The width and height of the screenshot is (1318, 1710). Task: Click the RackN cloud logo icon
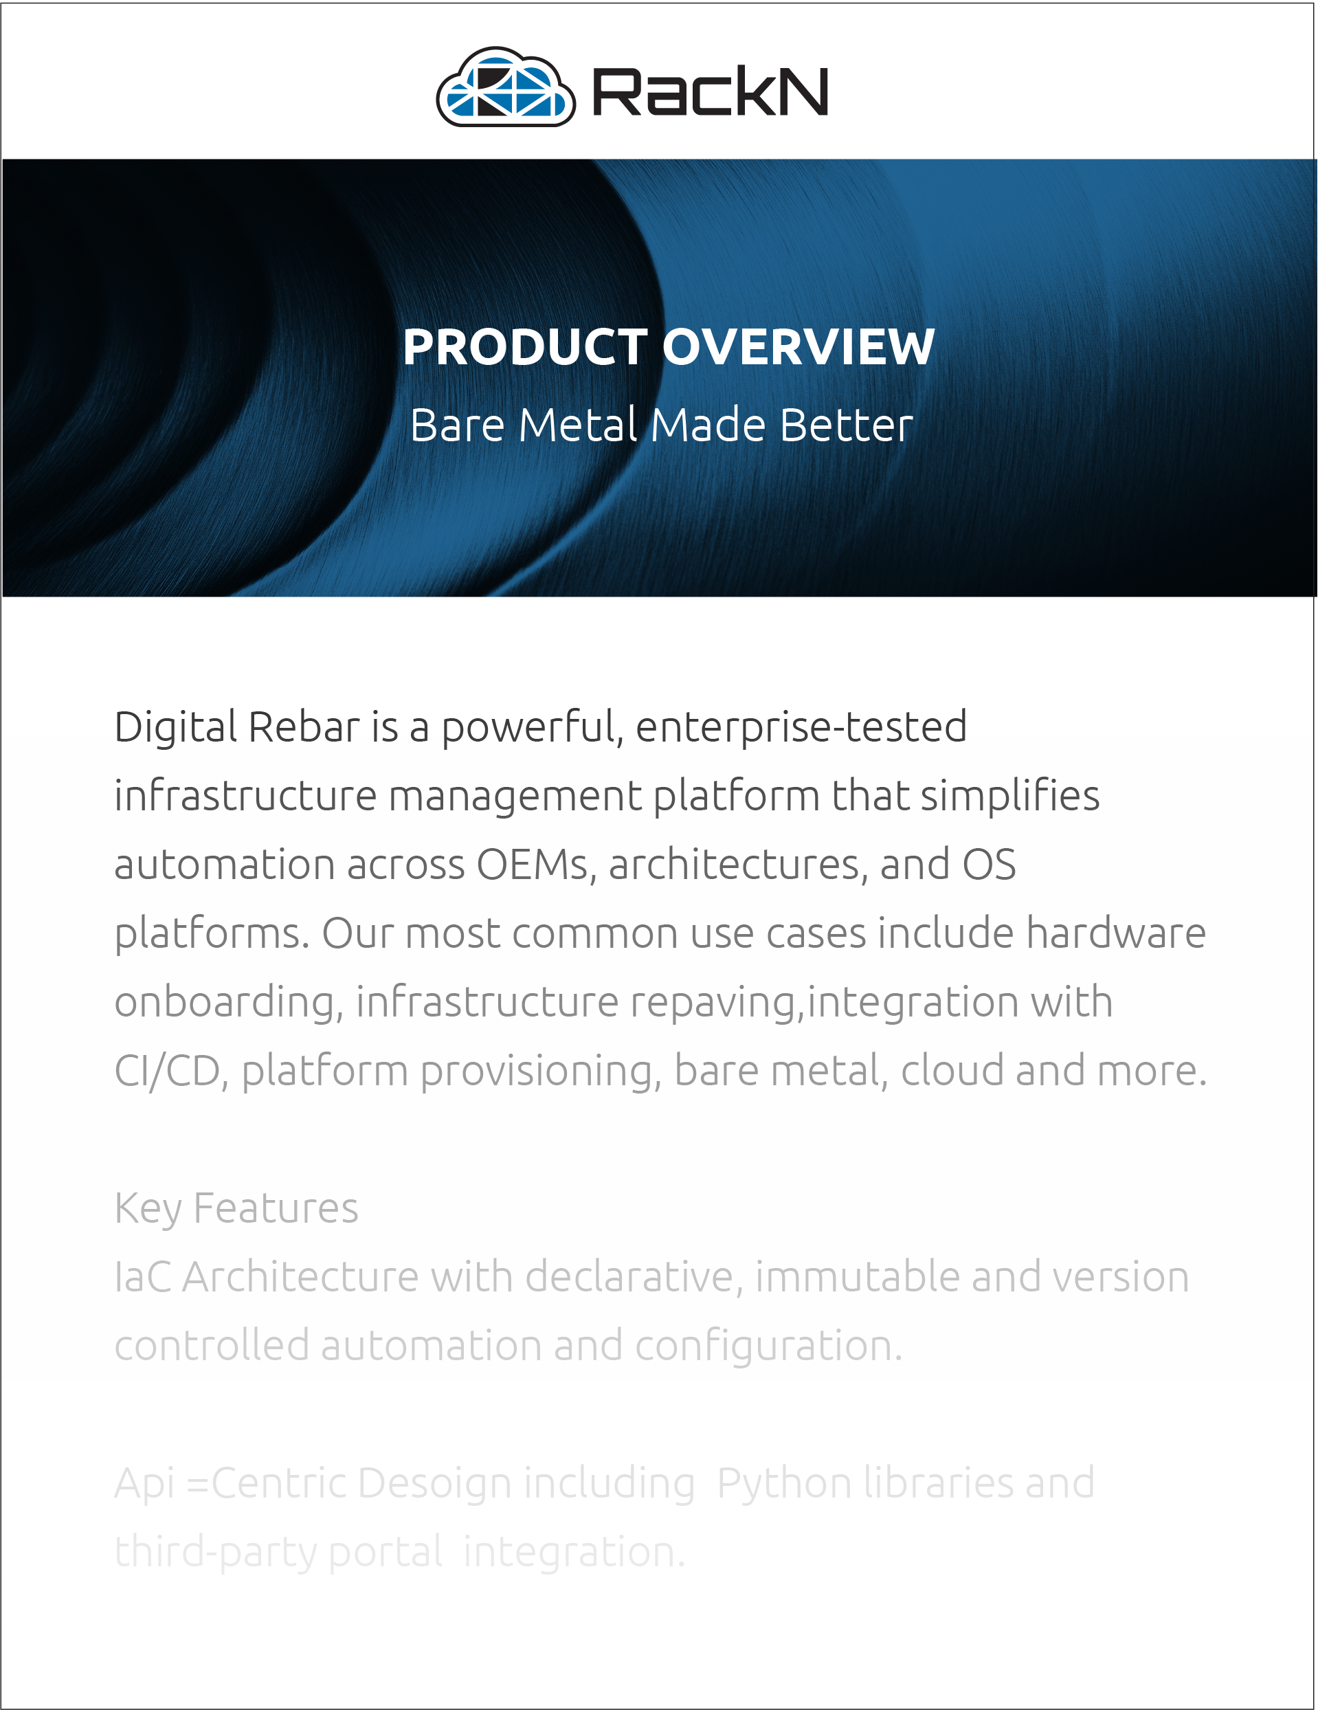tap(506, 87)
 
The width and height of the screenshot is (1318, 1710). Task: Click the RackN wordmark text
tap(710, 91)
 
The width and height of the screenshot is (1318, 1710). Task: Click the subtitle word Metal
tap(578, 425)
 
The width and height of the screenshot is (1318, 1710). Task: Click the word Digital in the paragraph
tap(175, 728)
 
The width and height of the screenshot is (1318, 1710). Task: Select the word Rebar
tap(304, 726)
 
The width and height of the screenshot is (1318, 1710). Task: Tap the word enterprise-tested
tap(801, 728)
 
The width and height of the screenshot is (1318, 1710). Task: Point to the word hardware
tap(1116, 933)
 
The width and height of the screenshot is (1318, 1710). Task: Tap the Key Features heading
tap(236, 1209)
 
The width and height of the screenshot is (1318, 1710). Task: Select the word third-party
tap(215, 1553)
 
